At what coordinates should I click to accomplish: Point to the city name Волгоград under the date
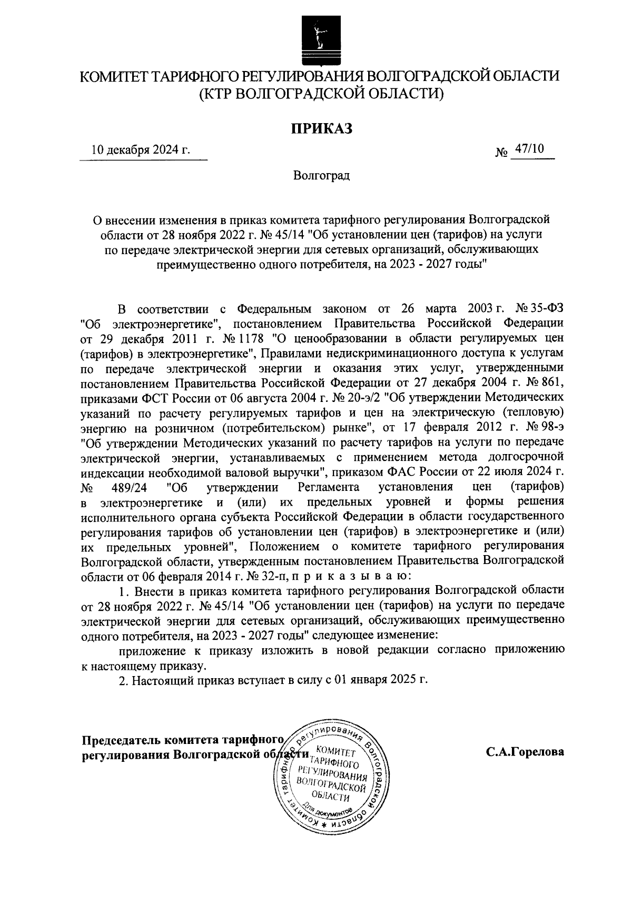point(322,175)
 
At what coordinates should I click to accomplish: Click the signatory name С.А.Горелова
point(525,751)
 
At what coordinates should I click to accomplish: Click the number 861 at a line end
point(551,381)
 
